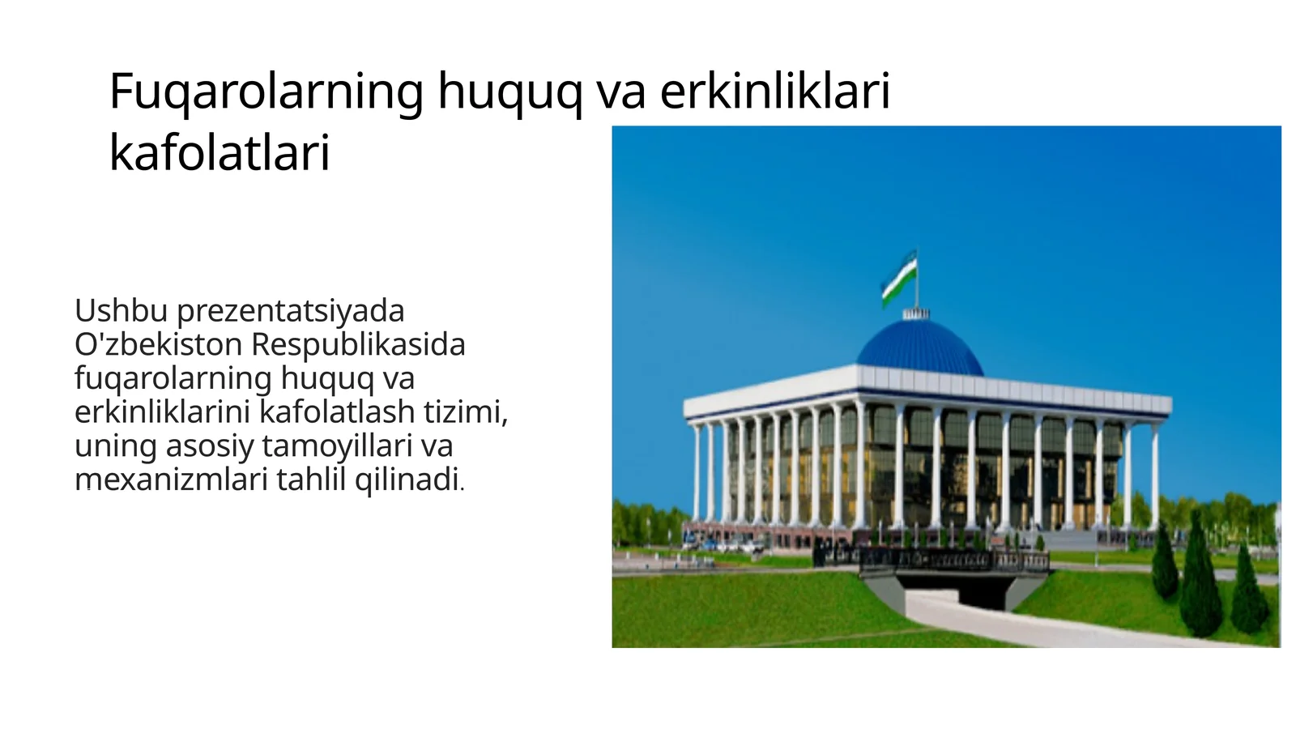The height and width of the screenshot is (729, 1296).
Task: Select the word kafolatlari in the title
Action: pos(220,152)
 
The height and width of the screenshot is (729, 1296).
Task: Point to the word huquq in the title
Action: pos(509,92)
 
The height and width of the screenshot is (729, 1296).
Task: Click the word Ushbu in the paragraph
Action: pos(121,310)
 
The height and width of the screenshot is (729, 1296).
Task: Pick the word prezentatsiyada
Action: pos(290,311)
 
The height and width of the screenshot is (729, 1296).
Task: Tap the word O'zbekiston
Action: pos(158,344)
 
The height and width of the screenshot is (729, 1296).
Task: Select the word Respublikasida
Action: pos(358,344)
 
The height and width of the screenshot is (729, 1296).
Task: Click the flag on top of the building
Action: pos(899,277)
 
